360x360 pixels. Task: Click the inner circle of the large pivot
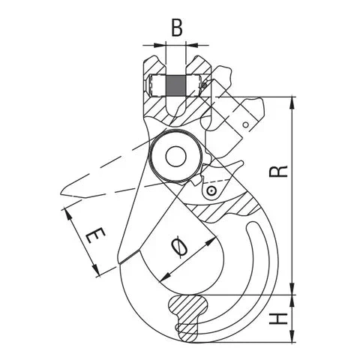click(x=177, y=156)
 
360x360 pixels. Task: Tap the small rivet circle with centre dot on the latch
click(x=213, y=192)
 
